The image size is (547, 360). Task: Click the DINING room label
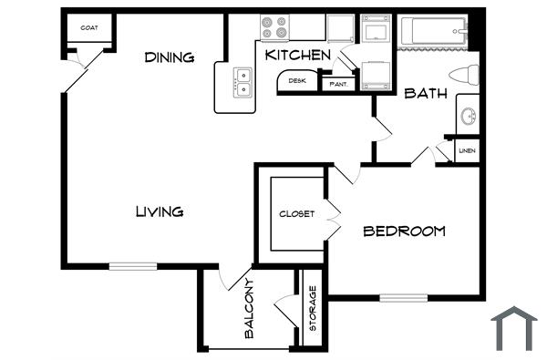[170, 57]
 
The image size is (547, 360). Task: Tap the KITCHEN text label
[297, 56]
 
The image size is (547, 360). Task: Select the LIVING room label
[160, 211]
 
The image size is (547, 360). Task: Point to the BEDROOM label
[404, 231]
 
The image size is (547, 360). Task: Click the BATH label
[424, 92]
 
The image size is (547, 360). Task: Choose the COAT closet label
[89, 27]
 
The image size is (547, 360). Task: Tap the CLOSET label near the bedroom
[297, 214]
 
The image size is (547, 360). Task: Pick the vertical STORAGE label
[313, 308]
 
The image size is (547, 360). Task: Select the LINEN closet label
[467, 150]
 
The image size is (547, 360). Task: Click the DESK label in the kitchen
[297, 81]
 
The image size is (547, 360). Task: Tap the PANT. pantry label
[338, 84]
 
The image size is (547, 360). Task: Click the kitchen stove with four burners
[274, 27]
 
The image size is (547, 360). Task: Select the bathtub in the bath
[434, 33]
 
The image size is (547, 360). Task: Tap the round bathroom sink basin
[468, 116]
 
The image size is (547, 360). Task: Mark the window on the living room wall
[133, 266]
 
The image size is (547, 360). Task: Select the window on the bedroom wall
[403, 296]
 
